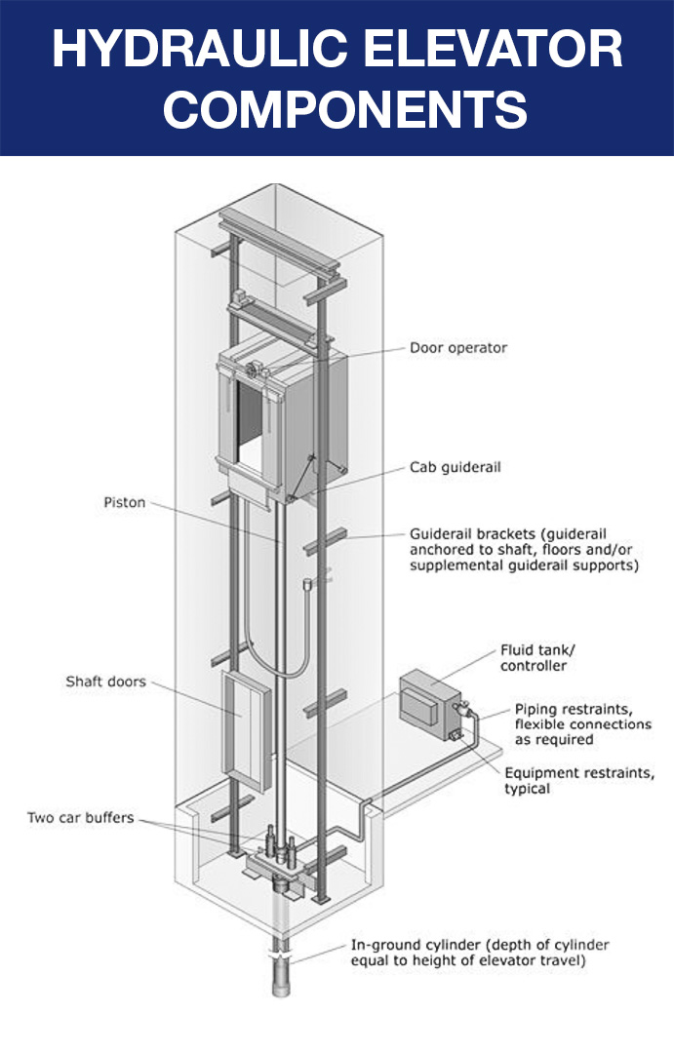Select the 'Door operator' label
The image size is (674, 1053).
click(x=458, y=348)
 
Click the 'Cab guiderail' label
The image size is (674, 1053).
click(x=455, y=468)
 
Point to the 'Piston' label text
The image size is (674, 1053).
click(x=124, y=503)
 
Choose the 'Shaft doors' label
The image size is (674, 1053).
click(x=105, y=682)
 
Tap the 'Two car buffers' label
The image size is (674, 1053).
click(x=81, y=817)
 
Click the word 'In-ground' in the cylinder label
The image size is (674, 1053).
click(x=384, y=946)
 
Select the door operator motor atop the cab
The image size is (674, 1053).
click(x=257, y=369)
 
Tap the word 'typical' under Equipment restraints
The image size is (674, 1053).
click(x=528, y=788)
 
